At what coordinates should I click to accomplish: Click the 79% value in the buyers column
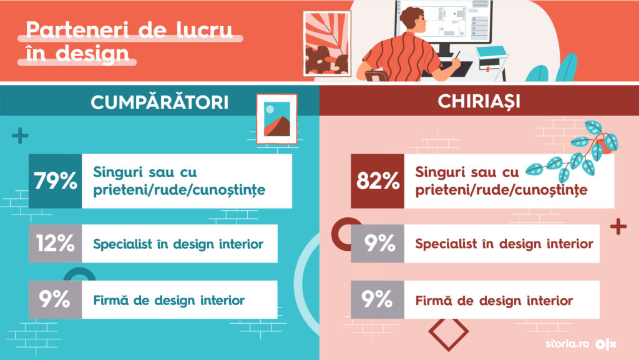tap(56, 180)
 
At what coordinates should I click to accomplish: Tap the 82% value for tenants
tap(378, 180)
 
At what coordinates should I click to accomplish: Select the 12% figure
tap(56, 243)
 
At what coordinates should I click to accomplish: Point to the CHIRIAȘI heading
tap(479, 102)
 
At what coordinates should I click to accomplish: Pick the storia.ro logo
tap(567, 344)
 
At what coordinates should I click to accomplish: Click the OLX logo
tap(605, 344)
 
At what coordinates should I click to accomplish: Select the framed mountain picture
tap(276, 119)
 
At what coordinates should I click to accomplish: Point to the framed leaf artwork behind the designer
tap(327, 44)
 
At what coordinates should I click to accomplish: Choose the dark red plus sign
tap(618, 227)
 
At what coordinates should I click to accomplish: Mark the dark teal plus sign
tap(20, 136)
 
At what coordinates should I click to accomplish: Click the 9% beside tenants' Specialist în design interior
tap(379, 243)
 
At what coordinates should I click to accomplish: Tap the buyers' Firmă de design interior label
tap(168, 301)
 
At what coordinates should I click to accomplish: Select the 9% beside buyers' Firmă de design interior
tap(54, 299)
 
